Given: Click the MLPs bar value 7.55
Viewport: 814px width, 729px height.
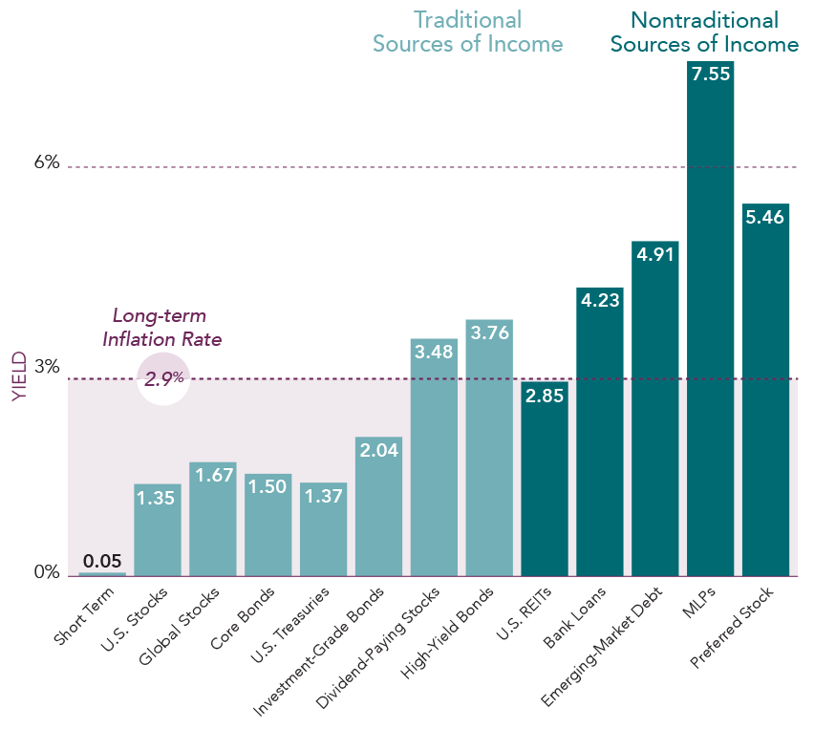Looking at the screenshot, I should [710, 75].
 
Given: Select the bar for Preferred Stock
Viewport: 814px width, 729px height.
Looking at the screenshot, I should [765, 401].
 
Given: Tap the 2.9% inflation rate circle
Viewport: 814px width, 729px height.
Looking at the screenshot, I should [163, 378].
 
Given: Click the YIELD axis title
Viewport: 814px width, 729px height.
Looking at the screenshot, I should [20, 378].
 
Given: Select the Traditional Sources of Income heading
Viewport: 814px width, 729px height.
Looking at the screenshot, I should [467, 32].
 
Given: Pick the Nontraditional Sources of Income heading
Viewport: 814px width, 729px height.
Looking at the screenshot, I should [704, 32].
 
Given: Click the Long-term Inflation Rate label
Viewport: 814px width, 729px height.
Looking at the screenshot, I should [161, 327].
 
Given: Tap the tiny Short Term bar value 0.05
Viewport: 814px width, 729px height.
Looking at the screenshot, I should [101, 561].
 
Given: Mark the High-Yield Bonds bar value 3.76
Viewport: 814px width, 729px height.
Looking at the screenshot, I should [489, 333].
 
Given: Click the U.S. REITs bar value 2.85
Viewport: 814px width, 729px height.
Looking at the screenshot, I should [545, 396].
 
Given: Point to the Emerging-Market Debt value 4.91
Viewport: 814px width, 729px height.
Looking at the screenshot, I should [654, 255].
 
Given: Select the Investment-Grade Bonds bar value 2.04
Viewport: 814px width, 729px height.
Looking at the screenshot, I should [378, 452].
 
